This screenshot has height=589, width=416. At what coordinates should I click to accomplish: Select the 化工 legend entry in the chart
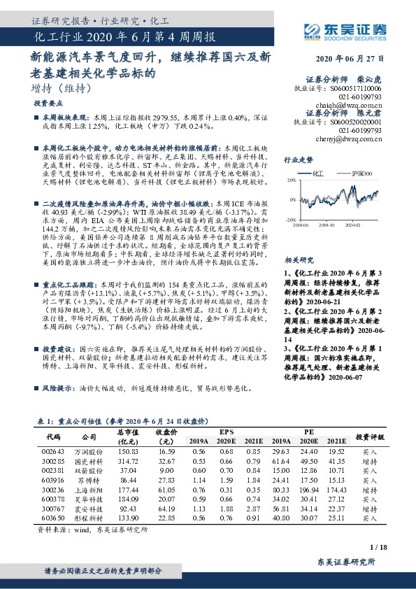click(x=320, y=171)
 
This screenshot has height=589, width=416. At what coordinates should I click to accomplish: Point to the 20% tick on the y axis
click(x=289, y=180)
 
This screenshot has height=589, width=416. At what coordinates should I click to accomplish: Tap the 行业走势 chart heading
click(x=299, y=160)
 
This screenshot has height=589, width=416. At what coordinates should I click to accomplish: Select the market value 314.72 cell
click(x=129, y=462)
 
